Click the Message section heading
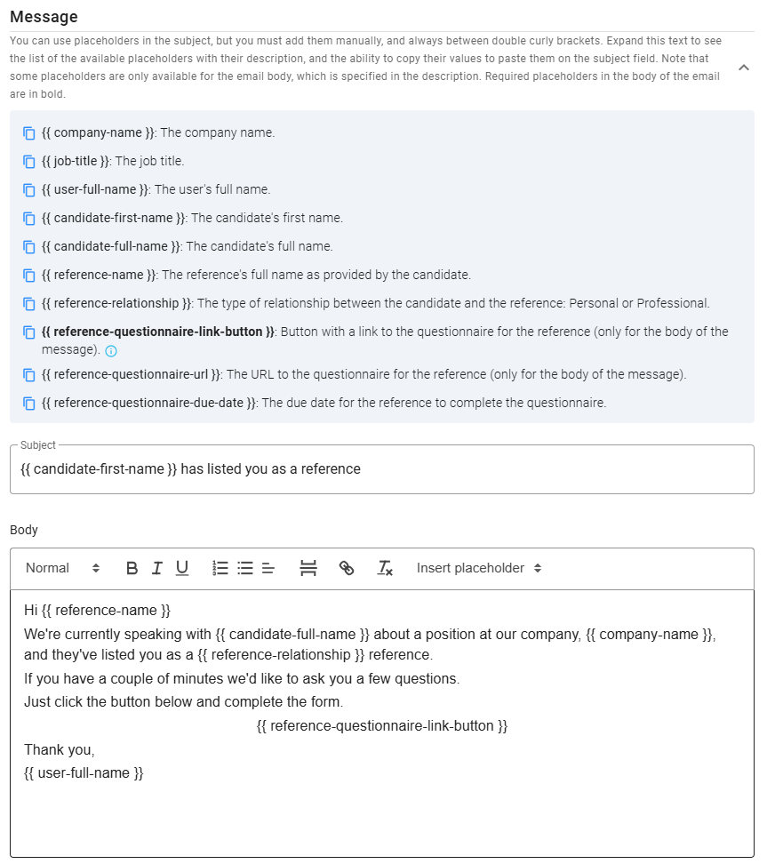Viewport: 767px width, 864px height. point(44,17)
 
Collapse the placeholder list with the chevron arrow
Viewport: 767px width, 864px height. point(744,68)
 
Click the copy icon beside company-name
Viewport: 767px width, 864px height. point(29,133)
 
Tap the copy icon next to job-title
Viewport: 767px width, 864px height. point(29,162)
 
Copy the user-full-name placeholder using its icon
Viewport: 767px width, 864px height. point(29,190)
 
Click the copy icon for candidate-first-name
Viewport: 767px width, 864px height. point(29,219)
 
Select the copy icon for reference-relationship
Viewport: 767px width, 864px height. point(29,304)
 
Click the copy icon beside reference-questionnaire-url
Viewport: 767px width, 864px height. point(29,375)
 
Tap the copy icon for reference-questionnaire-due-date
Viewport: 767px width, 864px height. point(29,404)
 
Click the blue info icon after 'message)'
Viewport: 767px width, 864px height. point(111,351)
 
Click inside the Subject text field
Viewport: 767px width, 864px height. point(381,469)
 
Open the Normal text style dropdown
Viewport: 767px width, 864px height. point(62,568)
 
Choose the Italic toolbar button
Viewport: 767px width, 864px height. point(157,568)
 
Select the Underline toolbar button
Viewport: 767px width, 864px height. point(182,568)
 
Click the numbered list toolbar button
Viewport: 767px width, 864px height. point(221,568)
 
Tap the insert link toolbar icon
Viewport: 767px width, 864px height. point(347,568)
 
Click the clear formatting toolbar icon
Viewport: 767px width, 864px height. point(385,568)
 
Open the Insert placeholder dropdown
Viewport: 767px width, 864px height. point(478,568)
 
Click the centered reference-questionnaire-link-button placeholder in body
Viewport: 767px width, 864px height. point(381,726)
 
